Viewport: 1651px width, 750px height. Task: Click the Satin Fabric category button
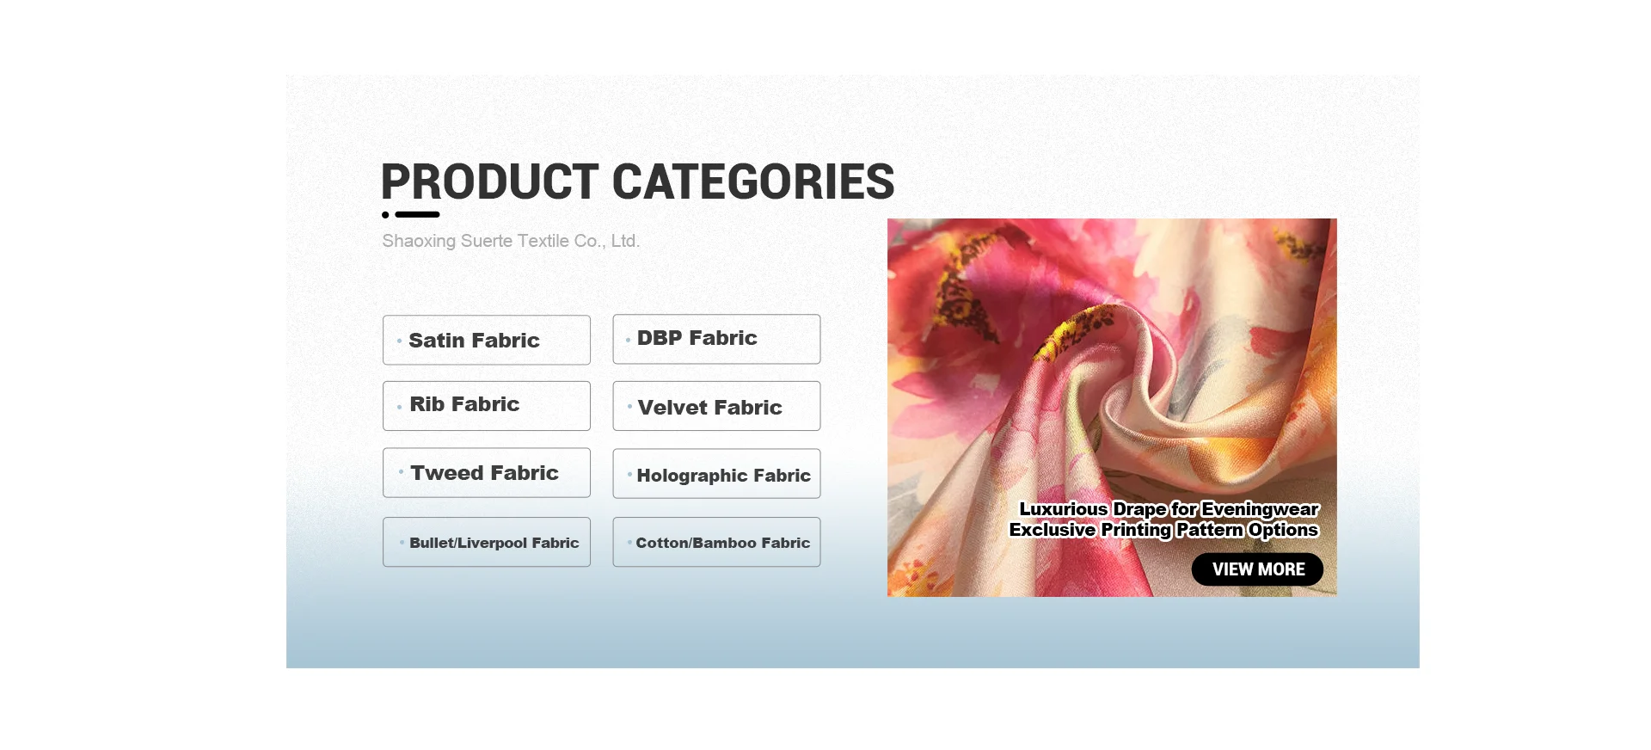(487, 340)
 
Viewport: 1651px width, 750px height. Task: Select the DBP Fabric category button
(716, 339)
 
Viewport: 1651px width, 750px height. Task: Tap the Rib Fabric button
(487, 406)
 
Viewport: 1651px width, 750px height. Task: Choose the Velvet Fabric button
(716, 406)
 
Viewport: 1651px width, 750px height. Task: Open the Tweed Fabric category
(487, 473)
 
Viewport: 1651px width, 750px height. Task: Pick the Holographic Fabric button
(716, 474)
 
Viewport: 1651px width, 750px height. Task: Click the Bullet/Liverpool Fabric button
(487, 542)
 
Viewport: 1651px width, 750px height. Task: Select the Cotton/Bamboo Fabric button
(716, 542)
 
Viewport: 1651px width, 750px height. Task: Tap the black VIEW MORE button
(1257, 569)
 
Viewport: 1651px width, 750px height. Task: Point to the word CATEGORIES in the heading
(753, 181)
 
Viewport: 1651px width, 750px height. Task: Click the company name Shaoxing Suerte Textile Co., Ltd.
(511, 241)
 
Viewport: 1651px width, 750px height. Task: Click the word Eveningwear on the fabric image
(1261, 510)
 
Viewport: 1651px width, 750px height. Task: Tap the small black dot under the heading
(385, 215)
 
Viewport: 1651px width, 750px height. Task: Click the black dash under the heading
(418, 215)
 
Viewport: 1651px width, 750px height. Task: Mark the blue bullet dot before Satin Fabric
(399, 341)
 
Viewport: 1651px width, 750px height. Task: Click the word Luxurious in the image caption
(1064, 509)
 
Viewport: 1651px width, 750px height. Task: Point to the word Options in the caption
(1283, 531)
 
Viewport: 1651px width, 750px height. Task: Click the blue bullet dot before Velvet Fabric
(629, 406)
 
